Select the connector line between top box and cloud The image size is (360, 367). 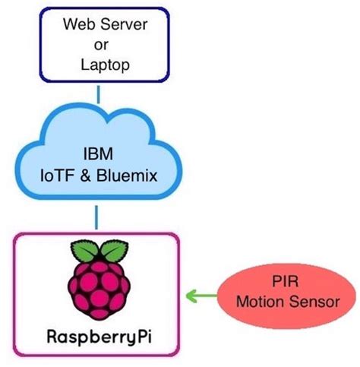pos(99,95)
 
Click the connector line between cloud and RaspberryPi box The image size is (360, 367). pos(97,217)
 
